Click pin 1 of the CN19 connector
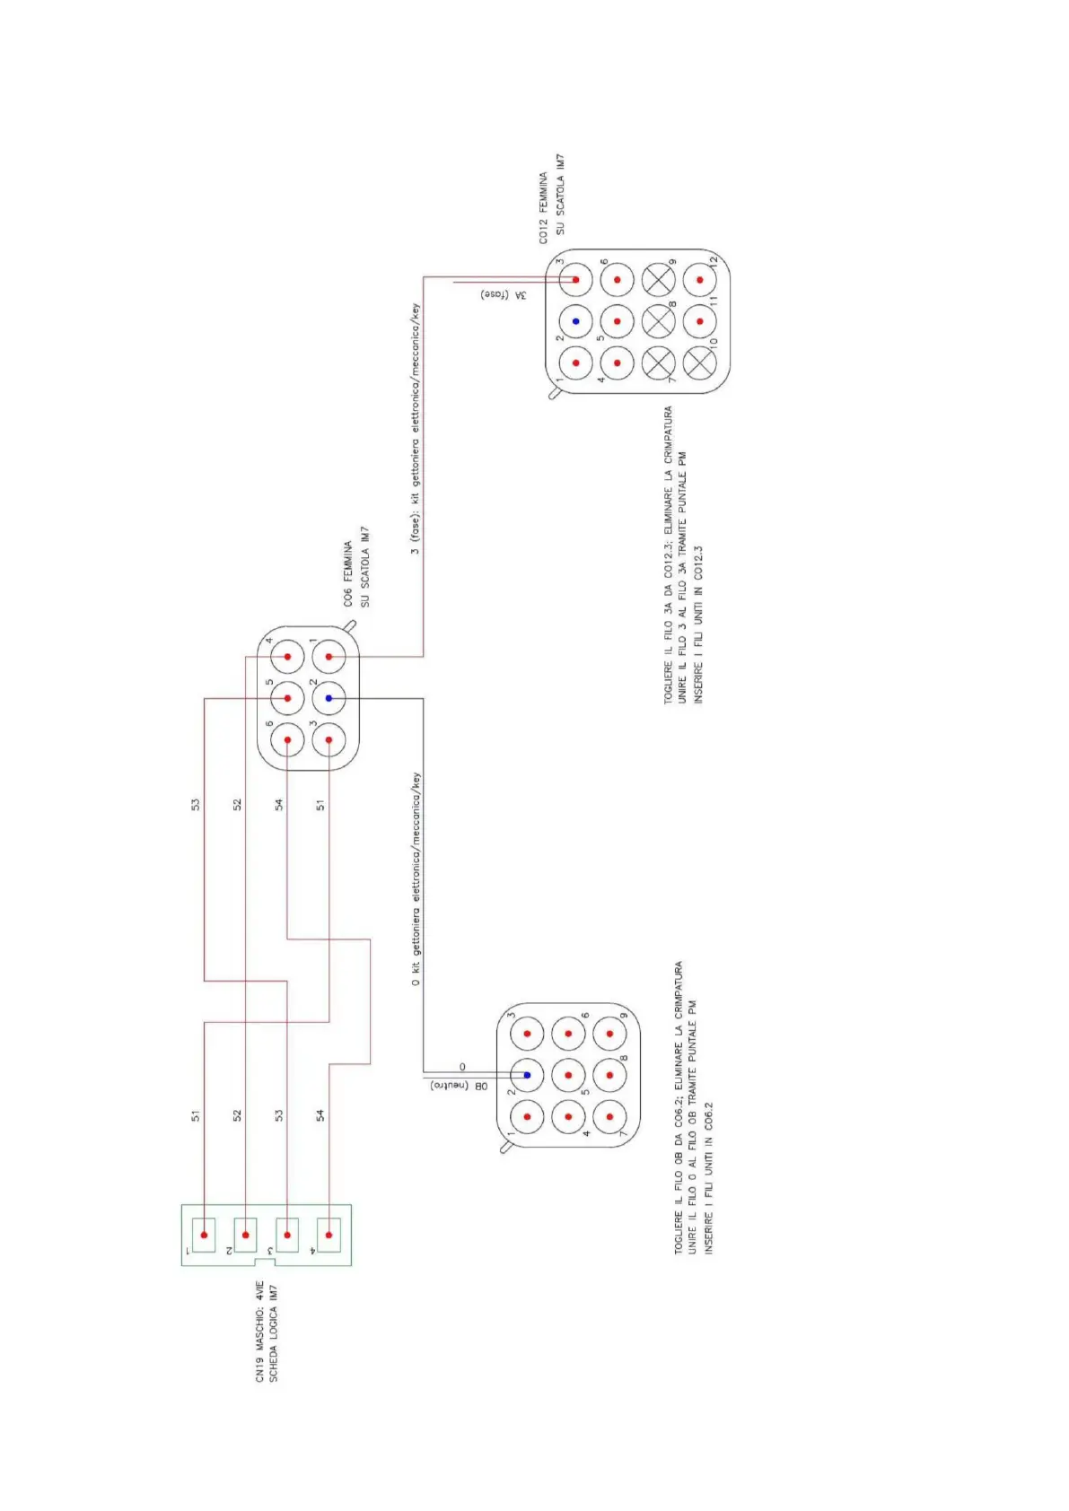click(204, 1235)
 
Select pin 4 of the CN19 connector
click(329, 1235)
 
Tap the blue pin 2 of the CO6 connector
click(329, 698)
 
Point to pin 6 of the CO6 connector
click(287, 740)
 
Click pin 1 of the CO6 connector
click(329, 657)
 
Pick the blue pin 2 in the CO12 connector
click(575, 321)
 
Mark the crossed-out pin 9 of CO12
click(658, 280)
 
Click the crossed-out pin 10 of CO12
click(699, 362)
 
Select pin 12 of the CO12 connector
click(699, 280)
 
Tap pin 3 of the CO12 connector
click(575, 280)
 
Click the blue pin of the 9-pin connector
click(527, 1075)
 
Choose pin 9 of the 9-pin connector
click(609, 1034)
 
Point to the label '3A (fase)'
click(504, 294)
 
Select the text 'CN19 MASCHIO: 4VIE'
click(260, 1331)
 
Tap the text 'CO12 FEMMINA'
click(543, 208)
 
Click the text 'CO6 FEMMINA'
click(347, 573)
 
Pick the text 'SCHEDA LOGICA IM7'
click(274, 1332)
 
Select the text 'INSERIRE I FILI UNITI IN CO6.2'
click(708, 1177)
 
